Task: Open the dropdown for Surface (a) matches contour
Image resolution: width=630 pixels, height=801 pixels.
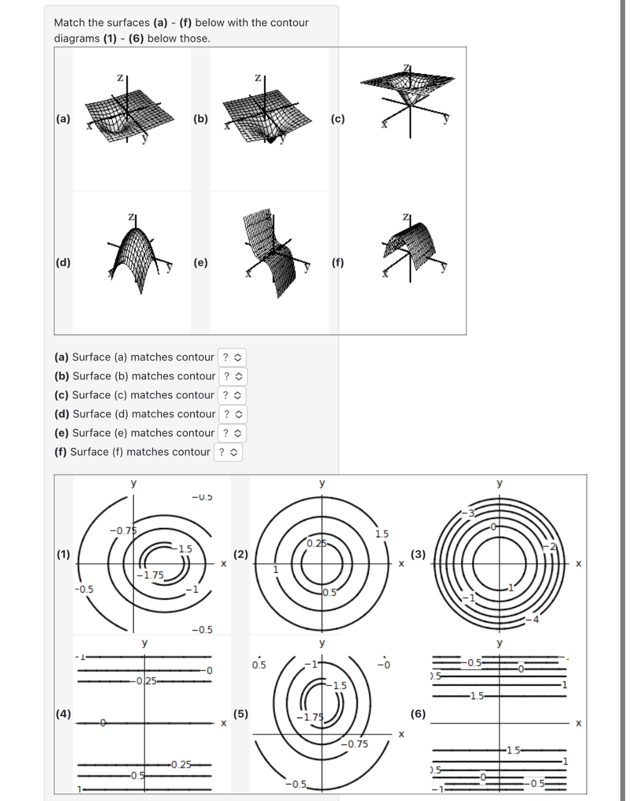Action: (232, 357)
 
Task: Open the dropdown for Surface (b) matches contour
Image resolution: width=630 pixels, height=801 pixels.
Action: (233, 376)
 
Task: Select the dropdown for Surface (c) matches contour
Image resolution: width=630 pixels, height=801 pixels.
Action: (232, 395)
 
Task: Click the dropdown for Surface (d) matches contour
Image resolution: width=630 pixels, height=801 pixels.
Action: (233, 414)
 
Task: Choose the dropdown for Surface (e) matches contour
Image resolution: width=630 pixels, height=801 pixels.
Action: (232, 433)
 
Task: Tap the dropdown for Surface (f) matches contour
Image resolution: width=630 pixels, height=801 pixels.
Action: (228, 452)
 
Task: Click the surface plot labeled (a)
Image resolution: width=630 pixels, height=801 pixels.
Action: (129, 116)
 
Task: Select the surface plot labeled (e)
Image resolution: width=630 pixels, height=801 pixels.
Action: (272, 253)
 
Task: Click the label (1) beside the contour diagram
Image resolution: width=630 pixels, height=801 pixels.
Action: (64, 554)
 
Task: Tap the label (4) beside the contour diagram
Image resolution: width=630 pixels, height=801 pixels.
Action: (64, 714)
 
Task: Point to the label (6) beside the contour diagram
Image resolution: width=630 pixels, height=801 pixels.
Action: (418, 714)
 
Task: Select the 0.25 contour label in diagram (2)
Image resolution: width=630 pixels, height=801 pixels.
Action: (317, 543)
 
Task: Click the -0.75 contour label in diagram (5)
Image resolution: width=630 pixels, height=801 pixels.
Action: (355, 744)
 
